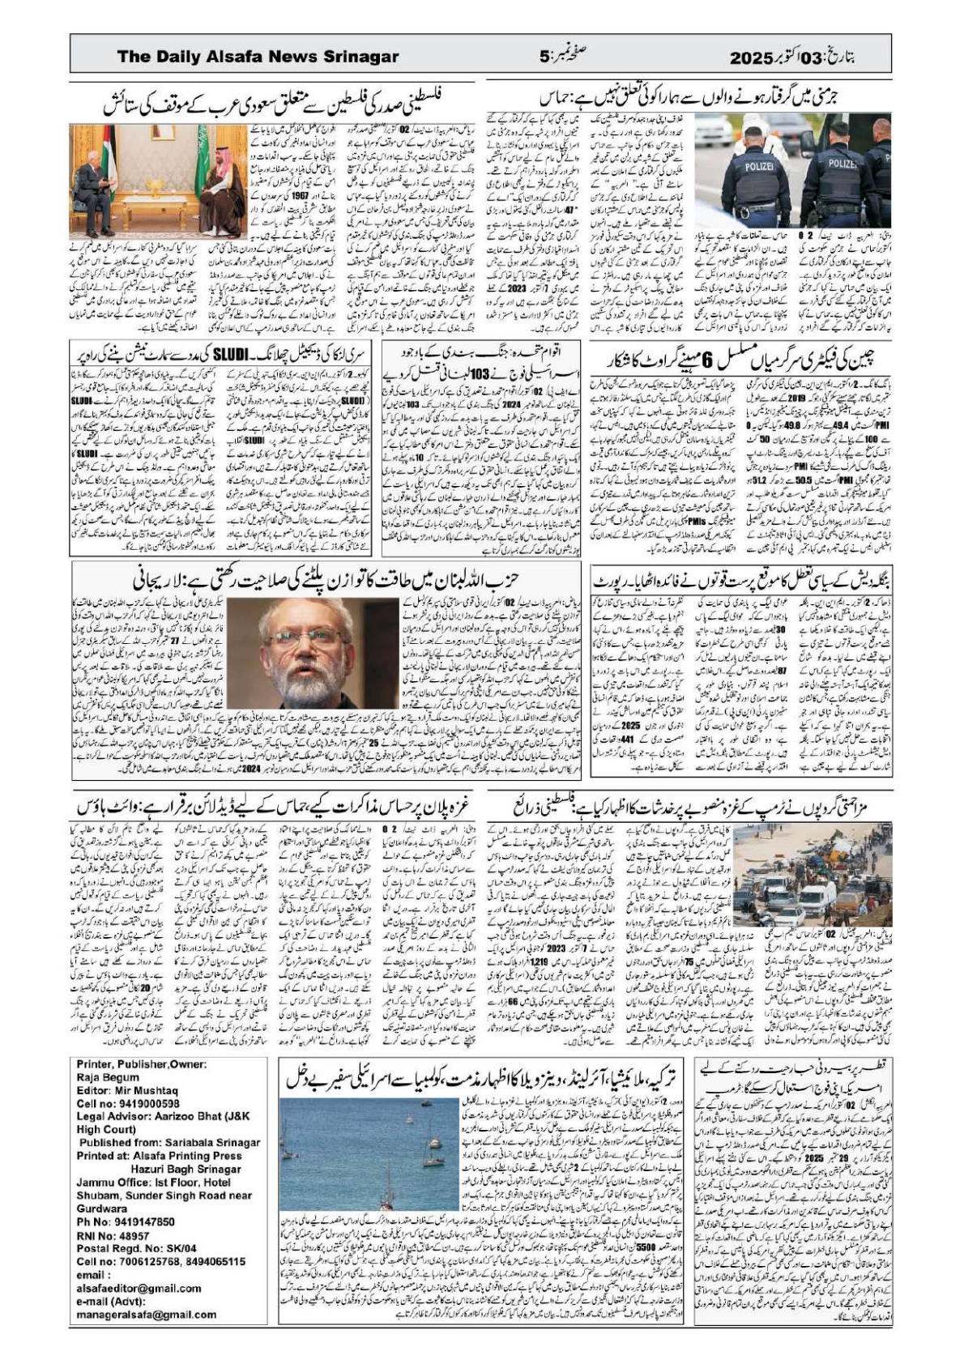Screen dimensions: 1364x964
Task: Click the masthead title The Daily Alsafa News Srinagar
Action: click(258, 57)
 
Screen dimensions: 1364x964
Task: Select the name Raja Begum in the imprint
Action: click(107, 1077)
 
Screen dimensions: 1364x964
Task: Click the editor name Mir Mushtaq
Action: click(148, 1090)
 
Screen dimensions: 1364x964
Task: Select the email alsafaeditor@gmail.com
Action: click(139, 1288)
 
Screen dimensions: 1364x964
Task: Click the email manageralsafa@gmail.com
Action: click(146, 1315)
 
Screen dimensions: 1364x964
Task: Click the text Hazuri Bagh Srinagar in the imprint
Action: click(186, 1169)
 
